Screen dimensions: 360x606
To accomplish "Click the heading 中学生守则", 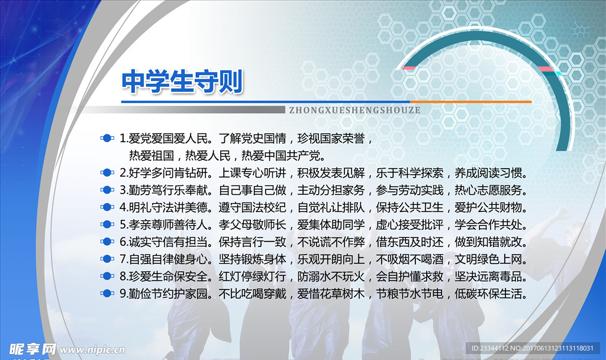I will click(x=182, y=82).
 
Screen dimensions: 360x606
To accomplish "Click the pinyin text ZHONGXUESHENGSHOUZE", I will click(x=355, y=110).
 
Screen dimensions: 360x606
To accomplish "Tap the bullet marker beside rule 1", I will click(x=107, y=139).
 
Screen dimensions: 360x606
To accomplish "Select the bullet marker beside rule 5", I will click(x=107, y=224).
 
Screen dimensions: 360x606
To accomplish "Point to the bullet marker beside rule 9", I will click(x=107, y=293).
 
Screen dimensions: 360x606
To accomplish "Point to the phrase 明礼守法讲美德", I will click(x=169, y=208).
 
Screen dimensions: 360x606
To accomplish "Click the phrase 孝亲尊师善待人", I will click(x=169, y=225).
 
